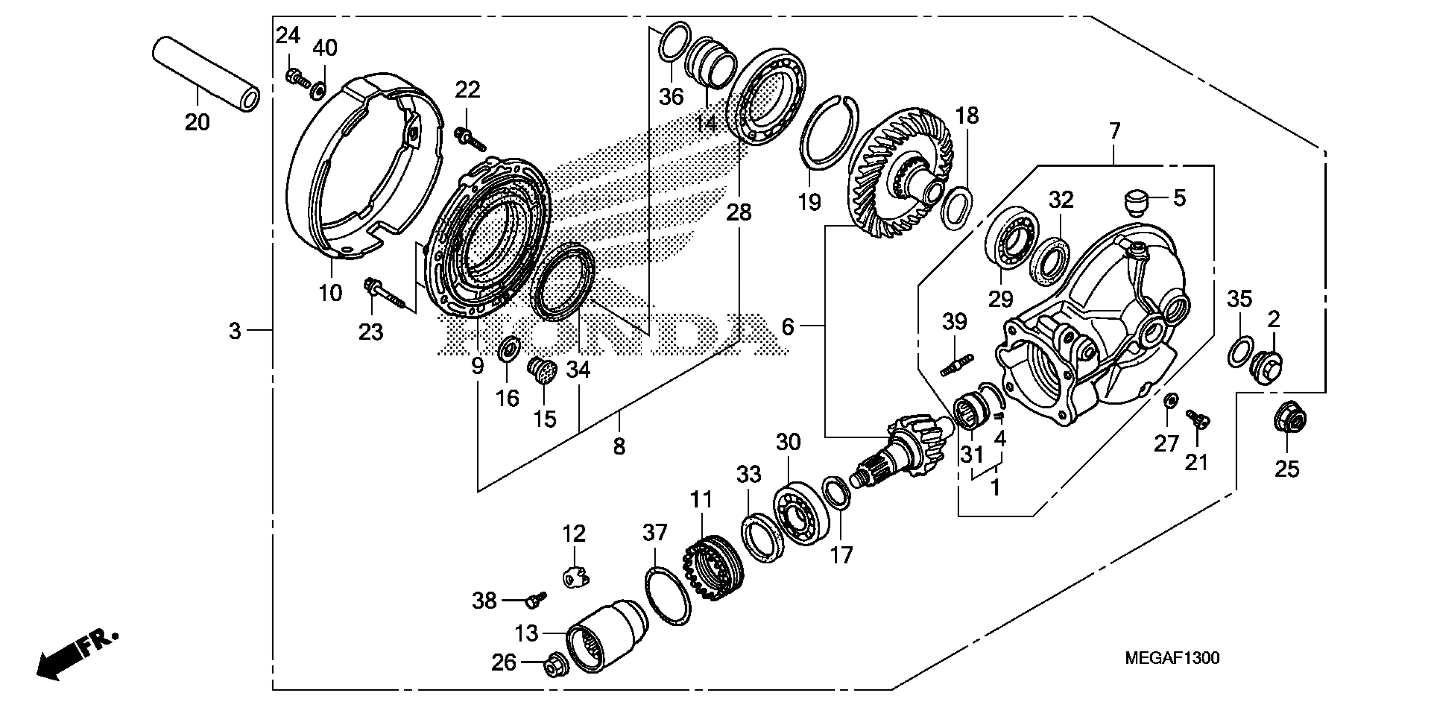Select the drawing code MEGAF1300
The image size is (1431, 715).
[1172, 658]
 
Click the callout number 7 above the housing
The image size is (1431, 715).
[1114, 132]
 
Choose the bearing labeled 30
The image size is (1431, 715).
[801, 514]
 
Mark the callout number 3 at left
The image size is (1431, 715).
[235, 332]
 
